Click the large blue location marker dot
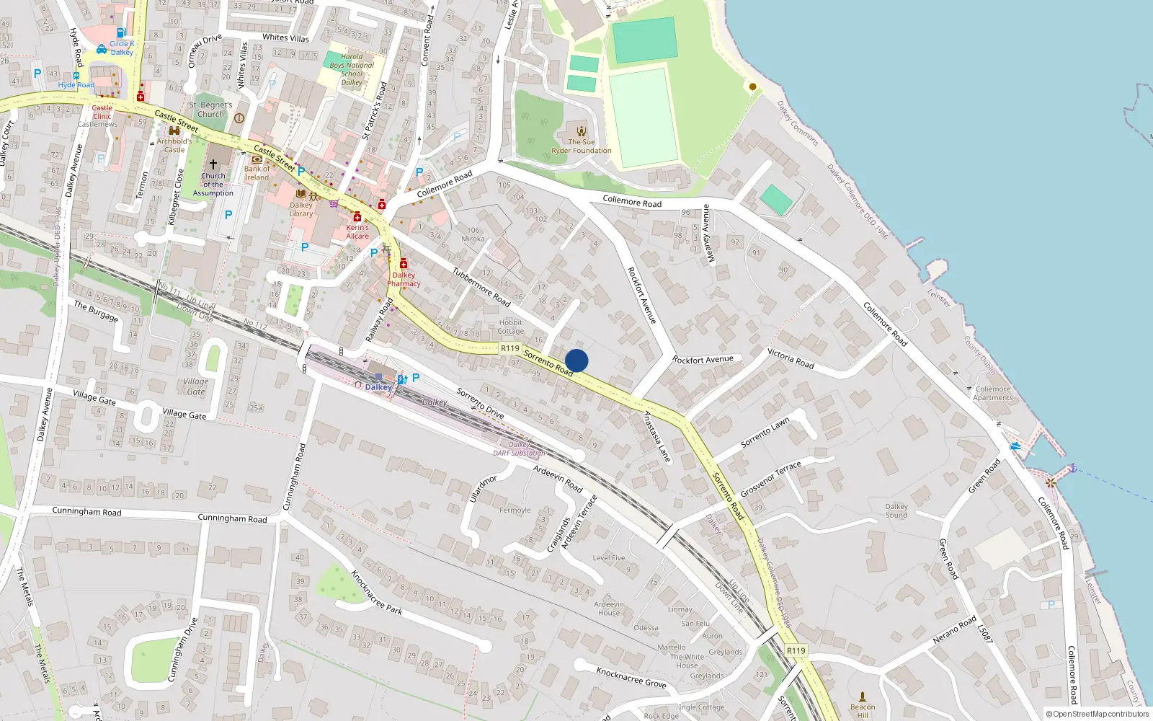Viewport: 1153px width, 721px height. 576,360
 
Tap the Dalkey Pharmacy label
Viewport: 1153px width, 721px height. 404,279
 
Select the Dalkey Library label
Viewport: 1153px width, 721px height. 301,209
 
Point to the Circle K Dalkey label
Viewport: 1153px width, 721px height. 121,48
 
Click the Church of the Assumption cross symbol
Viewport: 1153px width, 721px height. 213,165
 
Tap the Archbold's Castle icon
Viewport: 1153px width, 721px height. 174,131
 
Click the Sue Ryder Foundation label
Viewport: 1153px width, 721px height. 581,146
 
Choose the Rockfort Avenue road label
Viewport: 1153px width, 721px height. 641,295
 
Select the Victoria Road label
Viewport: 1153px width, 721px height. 791,358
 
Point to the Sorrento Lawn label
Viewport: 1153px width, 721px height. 765,433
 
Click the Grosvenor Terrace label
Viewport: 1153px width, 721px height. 770,479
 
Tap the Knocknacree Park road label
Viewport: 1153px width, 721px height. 376,592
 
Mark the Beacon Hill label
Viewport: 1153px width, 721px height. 863,710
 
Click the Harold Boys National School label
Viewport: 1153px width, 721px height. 352,69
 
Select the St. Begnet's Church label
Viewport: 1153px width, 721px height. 210,110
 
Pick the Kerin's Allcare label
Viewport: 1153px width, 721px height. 357,231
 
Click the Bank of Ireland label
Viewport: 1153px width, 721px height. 257,173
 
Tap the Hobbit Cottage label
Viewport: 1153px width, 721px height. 510,327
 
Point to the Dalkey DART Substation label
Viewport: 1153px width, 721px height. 519,449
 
